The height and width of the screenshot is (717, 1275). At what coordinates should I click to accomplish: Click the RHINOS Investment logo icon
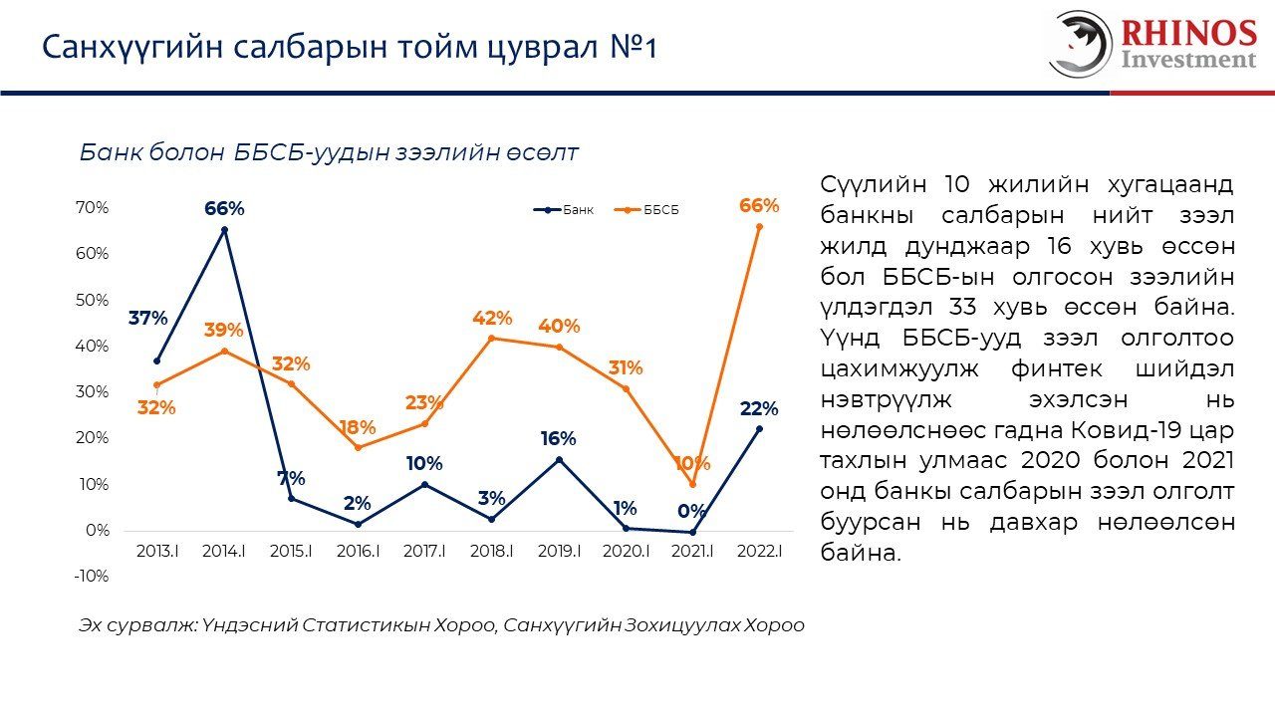pyautogui.click(x=1080, y=44)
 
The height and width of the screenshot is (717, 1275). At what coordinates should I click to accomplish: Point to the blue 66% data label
pyautogui.click(x=224, y=208)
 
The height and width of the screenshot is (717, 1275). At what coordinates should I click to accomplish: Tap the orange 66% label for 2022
pyautogui.click(x=759, y=206)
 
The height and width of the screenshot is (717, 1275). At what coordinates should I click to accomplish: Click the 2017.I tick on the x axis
pyautogui.click(x=424, y=551)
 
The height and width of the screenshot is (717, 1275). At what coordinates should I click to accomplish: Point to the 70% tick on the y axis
pyautogui.click(x=93, y=208)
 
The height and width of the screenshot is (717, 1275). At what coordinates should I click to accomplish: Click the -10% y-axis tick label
pyautogui.click(x=93, y=576)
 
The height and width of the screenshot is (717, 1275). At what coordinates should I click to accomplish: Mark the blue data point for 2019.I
pyautogui.click(x=559, y=460)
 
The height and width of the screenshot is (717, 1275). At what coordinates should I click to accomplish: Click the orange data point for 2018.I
pyautogui.click(x=492, y=339)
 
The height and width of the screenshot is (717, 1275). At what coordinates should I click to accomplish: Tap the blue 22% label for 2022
pyautogui.click(x=759, y=408)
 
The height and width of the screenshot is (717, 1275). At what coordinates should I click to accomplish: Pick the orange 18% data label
pyautogui.click(x=357, y=427)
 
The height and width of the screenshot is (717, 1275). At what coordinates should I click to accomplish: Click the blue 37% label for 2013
pyautogui.click(x=147, y=319)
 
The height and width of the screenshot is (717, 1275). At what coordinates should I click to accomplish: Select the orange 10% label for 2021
pyautogui.click(x=691, y=463)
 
